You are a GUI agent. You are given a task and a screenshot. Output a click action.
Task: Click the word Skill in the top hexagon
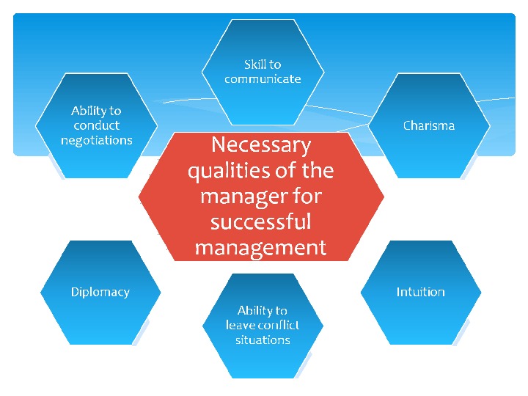pos(254,65)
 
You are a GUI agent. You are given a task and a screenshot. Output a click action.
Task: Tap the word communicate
pos(263,78)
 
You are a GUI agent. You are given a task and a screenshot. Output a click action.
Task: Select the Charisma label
pos(429,125)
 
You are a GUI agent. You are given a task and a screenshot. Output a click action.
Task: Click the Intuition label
pos(420,292)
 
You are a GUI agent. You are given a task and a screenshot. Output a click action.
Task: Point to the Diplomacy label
pos(100,292)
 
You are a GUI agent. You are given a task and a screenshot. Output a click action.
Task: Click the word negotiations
pos(97,140)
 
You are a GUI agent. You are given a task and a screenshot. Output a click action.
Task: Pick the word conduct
pos(97,125)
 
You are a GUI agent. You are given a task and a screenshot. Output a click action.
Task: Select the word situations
pos(263,340)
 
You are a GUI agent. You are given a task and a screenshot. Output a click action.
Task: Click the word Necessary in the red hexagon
pos(261,144)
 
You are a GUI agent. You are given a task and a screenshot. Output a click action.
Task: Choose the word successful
pos(261,221)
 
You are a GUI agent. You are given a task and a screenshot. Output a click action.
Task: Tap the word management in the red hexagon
pos(261,248)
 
